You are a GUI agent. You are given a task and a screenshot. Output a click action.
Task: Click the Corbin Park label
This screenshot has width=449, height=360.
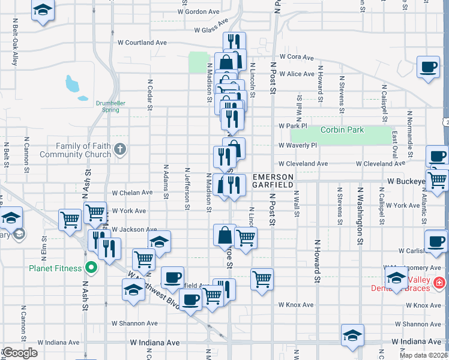click(x=342, y=130)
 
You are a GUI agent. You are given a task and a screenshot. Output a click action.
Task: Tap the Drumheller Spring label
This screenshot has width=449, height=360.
click(x=110, y=106)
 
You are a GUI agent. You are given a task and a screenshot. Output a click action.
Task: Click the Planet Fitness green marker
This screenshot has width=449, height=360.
click(x=91, y=268)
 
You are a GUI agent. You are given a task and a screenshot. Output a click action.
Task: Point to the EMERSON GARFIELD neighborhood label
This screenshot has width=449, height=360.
click(x=273, y=181)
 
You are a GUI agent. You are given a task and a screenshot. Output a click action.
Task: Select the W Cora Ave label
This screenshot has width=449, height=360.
click(x=297, y=57)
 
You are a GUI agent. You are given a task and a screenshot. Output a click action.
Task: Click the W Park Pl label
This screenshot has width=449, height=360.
click(x=293, y=126)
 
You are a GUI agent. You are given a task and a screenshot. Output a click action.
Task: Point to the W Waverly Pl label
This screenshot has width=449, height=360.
click(x=298, y=145)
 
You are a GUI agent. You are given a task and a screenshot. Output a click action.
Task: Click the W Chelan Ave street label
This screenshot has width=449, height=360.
click(x=133, y=193)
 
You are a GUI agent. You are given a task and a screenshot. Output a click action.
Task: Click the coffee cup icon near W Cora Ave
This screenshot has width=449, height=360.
click(x=429, y=67)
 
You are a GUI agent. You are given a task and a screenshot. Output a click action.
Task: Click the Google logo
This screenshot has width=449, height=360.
click(x=20, y=353)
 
